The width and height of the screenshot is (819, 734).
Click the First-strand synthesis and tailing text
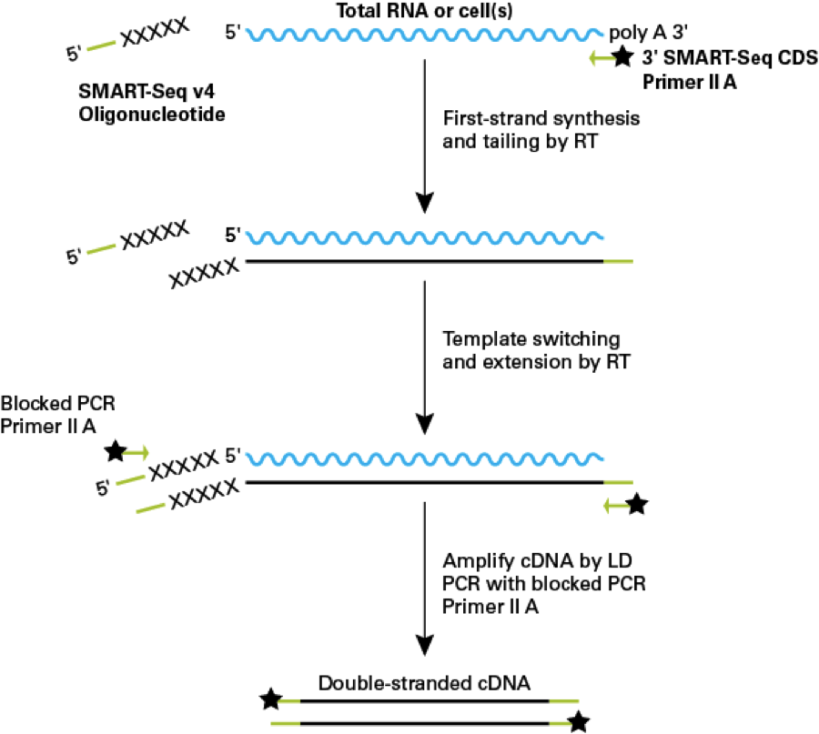(528, 131)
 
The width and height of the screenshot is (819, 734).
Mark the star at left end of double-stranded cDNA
(269, 700)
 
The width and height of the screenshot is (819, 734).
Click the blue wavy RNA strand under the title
(424, 35)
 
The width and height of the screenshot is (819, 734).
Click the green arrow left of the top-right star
(599, 58)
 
